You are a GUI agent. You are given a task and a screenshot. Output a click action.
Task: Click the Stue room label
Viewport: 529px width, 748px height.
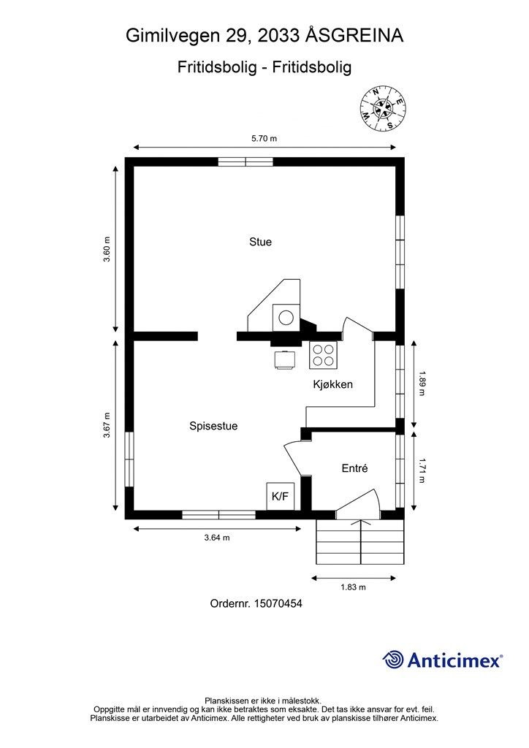pyautogui.click(x=260, y=242)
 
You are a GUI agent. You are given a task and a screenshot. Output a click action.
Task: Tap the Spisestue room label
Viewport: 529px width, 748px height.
pyautogui.click(x=213, y=426)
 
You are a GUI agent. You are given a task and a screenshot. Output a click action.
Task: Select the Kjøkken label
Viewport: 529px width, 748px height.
pyautogui.click(x=333, y=384)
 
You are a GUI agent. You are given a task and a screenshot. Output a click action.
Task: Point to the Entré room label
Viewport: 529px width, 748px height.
pyautogui.click(x=355, y=468)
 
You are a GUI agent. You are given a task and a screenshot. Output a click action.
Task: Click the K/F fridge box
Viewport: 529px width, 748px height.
pyautogui.click(x=280, y=496)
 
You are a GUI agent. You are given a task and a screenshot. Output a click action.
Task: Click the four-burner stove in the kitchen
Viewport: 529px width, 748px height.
pyautogui.click(x=323, y=356)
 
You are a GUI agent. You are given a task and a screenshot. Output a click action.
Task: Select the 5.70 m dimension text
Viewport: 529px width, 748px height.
pyautogui.click(x=264, y=139)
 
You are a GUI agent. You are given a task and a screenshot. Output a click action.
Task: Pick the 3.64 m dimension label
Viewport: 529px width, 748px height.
pyautogui.click(x=217, y=538)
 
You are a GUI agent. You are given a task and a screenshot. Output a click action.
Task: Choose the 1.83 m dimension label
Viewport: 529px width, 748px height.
pyautogui.click(x=353, y=587)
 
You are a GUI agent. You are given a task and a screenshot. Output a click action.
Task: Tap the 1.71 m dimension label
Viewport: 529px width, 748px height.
pyautogui.click(x=421, y=471)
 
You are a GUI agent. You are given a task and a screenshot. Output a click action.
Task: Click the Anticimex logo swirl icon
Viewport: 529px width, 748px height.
pyautogui.click(x=393, y=660)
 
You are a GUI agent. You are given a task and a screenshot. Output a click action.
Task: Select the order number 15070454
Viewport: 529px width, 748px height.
pyautogui.click(x=278, y=603)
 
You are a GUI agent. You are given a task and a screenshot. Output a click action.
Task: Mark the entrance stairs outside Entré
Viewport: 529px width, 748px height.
pyautogui.click(x=360, y=541)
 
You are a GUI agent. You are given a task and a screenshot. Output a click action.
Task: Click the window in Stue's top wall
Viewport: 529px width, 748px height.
pyautogui.click(x=246, y=161)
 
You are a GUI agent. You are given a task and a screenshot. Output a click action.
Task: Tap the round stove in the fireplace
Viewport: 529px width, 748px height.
pyautogui.click(x=286, y=318)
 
